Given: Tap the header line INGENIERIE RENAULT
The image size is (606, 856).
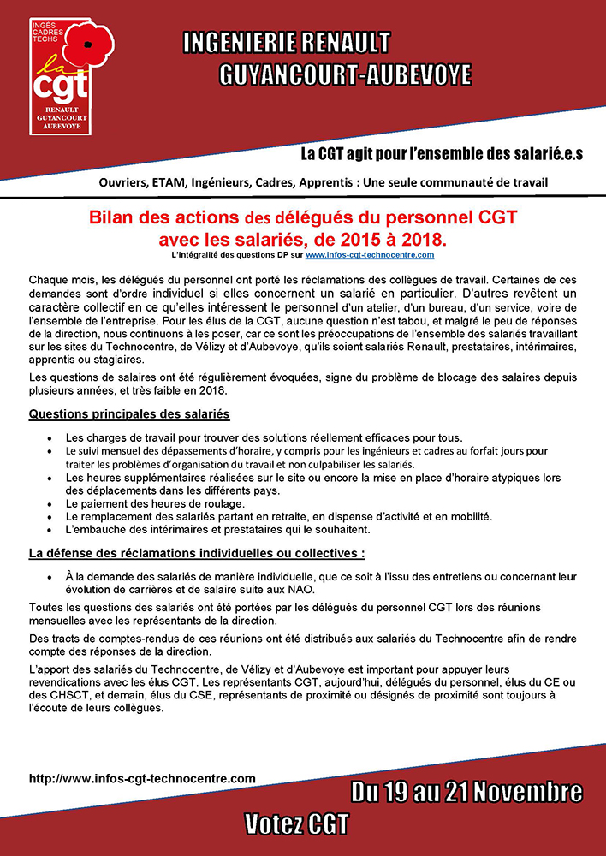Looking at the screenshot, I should coord(288,42).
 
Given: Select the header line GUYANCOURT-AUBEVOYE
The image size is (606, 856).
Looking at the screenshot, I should coord(345,74).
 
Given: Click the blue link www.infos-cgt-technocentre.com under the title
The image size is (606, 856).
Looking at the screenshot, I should coord(370,255).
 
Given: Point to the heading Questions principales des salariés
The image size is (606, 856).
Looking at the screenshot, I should coord(129,414).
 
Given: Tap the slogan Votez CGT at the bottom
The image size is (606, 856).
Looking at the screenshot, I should coord(297,824).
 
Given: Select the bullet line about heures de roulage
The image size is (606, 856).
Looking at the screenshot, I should coord(155,504).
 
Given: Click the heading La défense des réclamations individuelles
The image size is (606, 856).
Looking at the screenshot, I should coord(197,553).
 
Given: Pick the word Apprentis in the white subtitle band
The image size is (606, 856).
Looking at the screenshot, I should coord(331,182).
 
